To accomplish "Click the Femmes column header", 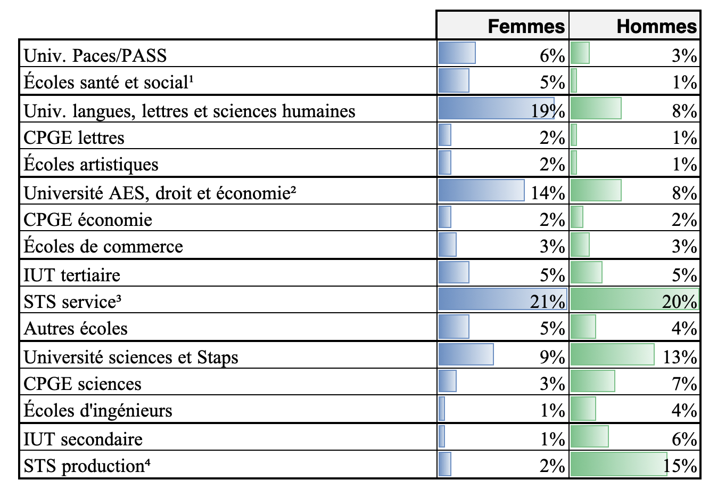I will (526, 26).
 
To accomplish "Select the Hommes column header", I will (656, 26).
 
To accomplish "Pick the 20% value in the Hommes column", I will (679, 302).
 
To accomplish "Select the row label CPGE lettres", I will (74, 137).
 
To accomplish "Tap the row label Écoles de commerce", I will (103, 246).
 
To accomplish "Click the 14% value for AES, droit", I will (548, 192).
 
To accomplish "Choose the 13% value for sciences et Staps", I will (680, 356).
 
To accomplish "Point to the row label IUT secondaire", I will (83, 439).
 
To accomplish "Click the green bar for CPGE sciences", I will (592, 381).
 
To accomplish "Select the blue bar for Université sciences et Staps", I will (466, 355).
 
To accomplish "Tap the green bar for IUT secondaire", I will (589, 437).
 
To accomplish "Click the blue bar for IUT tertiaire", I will (454, 273).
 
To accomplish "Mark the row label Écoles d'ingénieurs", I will (98, 410).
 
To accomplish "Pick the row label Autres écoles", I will (76, 328).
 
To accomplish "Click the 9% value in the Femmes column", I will (552, 356).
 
